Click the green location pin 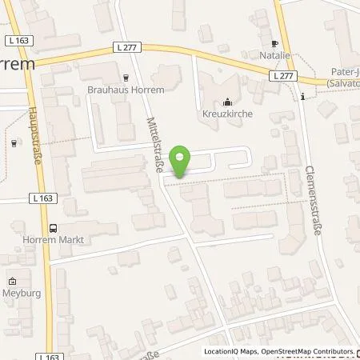[x=182, y=162]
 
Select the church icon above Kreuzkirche [x=227, y=102]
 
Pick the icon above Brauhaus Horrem [x=126, y=78]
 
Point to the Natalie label [x=277, y=58]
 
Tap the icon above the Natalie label [x=276, y=45]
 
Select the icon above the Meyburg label [x=13, y=281]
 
